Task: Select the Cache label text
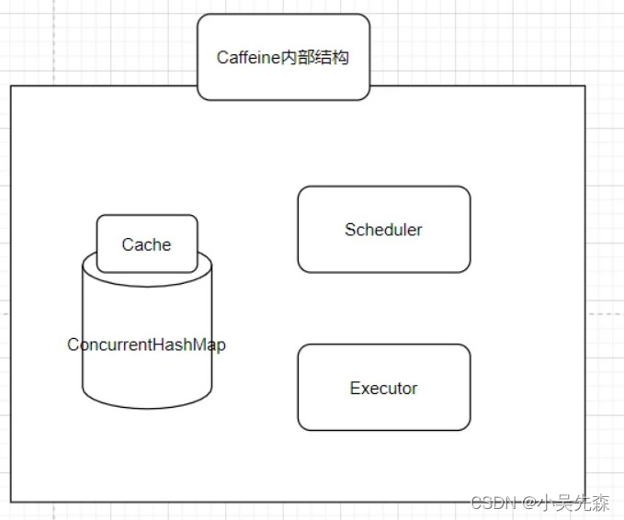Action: pyautogui.click(x=146, y=244)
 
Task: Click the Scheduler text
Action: pyautogui.click(x=383, y=230)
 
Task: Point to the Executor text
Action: pyautogui.click(x=383, y=389)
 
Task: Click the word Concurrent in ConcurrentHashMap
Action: pyautogui.click(x=108, y=345)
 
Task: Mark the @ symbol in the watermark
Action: pyautogui.click(x=529, y=503)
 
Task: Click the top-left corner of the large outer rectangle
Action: pyautogui.click(x=11, y=86)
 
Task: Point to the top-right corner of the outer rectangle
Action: pyautogui.click(x=585, y=86)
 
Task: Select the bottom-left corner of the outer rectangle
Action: pyautogui.click(x=11, y=502)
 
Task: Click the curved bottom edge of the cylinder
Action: pyautogui.click(x=147, y=405)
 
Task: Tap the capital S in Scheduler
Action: pyautogui.click(x=350, y=230)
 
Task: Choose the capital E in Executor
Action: pyautogui.click(x=355, y=389)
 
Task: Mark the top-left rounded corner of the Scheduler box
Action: pyautogui.click(x=302, y=191)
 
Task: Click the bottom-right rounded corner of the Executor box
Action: pyautogui.click(x=466, y=425)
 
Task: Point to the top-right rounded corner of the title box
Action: pyautogui.click(x=366, y=18)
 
